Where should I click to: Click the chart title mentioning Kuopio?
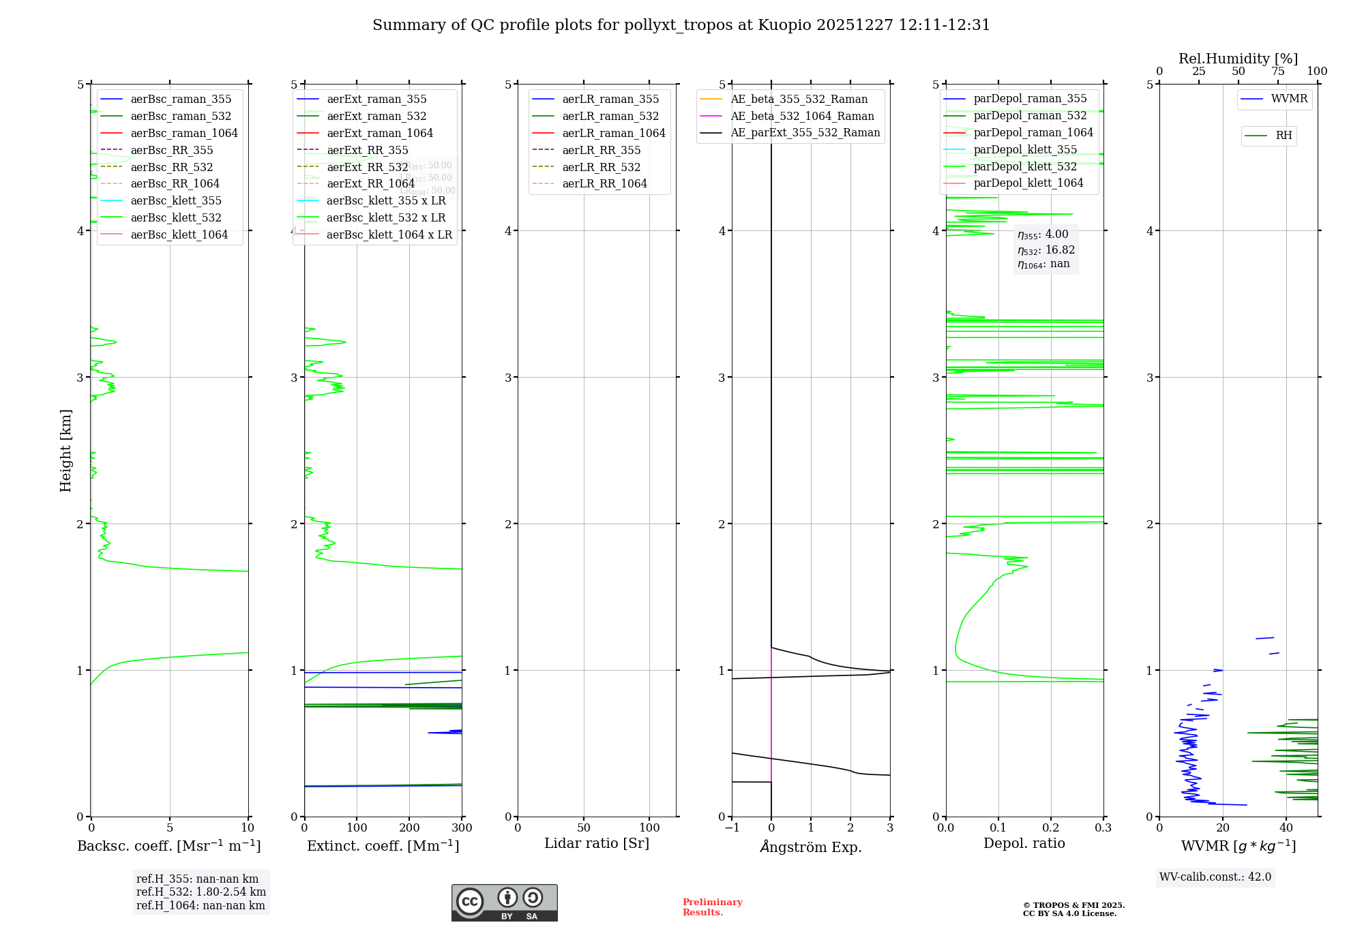pos(681,25)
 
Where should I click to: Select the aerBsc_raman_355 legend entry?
pos(181,100)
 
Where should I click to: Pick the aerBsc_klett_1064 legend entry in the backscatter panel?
pos(179,234)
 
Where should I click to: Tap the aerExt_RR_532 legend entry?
pos(367,167)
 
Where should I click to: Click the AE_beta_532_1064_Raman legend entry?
pos(802,116)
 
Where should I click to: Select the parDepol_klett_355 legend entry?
pos(1025,149)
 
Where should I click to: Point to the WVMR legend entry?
pos(1288,99)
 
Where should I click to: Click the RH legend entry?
pos(1283,136)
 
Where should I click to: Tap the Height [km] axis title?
pos(65,450)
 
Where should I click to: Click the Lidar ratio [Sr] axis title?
pos(597,843)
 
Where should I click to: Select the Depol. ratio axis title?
pos(1024,843)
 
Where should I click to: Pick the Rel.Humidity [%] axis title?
pos(1238,59)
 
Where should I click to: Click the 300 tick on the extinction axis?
pos(462,828)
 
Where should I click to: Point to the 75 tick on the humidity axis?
pos(1277,72)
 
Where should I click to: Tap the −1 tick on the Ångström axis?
pos(732,828)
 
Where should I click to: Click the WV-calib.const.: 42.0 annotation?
pos(1215,877)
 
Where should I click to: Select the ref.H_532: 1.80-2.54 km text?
pos(201,892)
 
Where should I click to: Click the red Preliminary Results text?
pos(712,907)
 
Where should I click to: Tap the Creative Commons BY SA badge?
pos(504,902)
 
